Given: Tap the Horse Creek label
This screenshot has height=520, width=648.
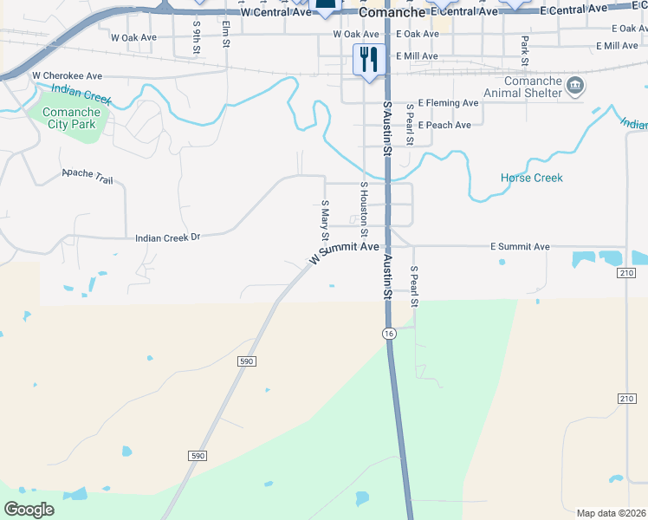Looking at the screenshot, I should coord(531,178).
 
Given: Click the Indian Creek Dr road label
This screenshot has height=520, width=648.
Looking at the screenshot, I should coord(167,236).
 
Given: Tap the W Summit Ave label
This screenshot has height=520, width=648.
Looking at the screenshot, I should coord(344,253).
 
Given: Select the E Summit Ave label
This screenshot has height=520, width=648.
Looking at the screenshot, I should coord(520,247).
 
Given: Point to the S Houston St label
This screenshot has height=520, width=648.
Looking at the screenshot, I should coord(365,209).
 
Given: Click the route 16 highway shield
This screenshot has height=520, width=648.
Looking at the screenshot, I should coord(389,334).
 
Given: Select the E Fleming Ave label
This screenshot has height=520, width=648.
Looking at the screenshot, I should coord(448,102).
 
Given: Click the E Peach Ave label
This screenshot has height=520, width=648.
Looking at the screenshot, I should coord(444,125).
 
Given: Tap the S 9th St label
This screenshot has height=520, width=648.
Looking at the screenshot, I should coord(198,40).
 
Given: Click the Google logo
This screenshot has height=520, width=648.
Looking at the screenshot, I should coord(29,509).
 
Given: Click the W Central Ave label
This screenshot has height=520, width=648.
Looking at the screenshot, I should coord(275,13).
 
